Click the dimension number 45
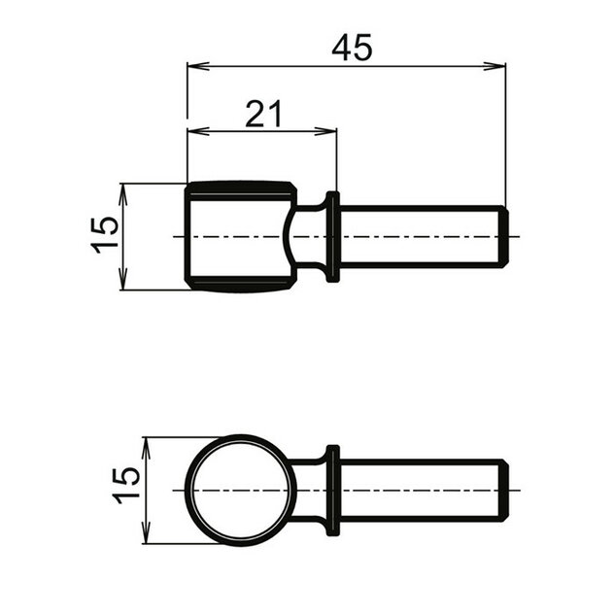pos(351,48)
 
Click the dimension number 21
pos(262,114)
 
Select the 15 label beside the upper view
pos(106,234)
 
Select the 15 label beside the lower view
pos(127,485)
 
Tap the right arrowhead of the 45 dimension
pos(498,66)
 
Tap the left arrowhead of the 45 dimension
pos(193,66)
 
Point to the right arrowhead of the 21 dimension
pos(329,131)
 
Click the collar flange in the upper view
pos(333,237)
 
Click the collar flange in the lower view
pos(333,490)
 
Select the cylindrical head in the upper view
pos(238,236)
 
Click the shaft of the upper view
pos(418,236)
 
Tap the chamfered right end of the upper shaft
pos(502,236)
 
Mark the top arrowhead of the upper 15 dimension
pos(122,189)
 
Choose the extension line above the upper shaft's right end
pos(505,136)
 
